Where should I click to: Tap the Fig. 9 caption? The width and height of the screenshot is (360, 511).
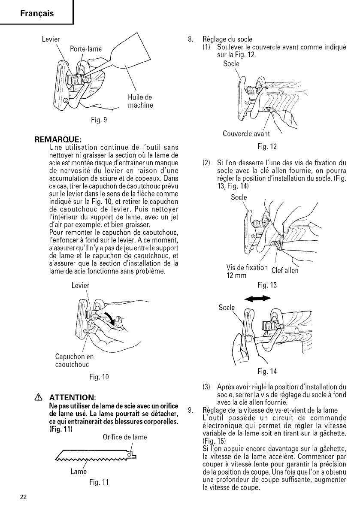click(x=99, y=120)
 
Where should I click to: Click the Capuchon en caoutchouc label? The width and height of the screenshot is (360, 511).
click(x=74, y=360)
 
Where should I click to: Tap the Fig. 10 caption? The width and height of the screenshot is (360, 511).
click(x=100, y=377)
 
